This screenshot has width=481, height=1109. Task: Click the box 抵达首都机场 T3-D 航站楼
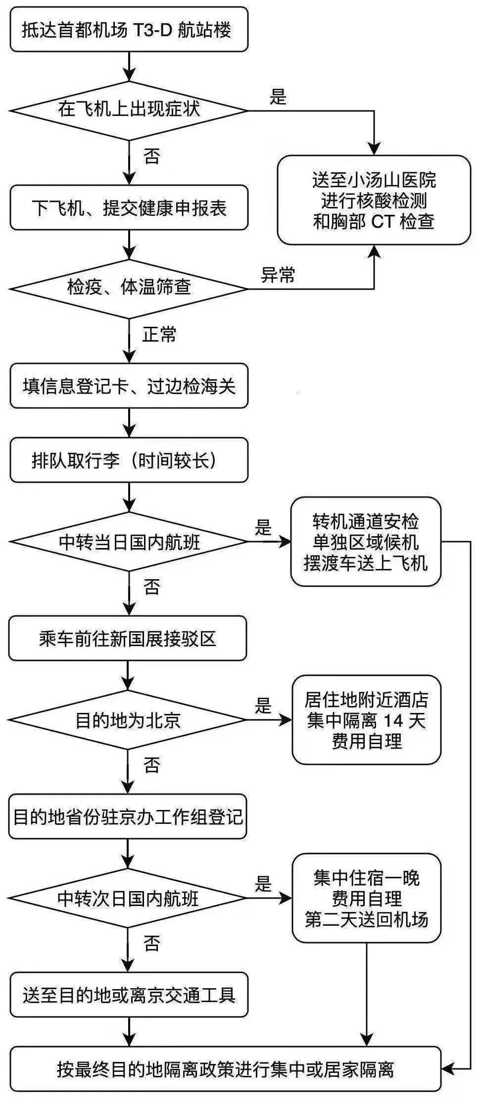point(129,30)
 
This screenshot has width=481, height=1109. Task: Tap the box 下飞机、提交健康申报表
point(129,208)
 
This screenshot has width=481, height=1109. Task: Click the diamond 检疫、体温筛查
point(129,288)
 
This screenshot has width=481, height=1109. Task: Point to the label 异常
point(278,275)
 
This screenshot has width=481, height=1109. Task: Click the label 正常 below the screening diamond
point(159,335)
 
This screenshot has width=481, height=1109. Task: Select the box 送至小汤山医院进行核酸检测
point(374,201)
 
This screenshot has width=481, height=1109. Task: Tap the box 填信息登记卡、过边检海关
point(129,386)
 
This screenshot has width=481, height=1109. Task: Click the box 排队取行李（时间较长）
point(129,460)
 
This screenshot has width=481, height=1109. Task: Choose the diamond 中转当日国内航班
point(129,542)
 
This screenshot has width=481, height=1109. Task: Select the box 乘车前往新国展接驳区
point(128,639)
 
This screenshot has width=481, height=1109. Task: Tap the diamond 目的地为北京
point(128,720)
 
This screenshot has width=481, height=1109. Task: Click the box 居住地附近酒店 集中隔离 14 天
point(366,720)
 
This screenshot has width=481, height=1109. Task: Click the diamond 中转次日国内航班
point(128,898)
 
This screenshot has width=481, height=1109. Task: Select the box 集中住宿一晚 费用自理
point(366,898)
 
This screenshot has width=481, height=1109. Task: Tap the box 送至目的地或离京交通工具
point(129,995)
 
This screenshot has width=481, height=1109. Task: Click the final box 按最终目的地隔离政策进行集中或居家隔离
point(225,1069)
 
